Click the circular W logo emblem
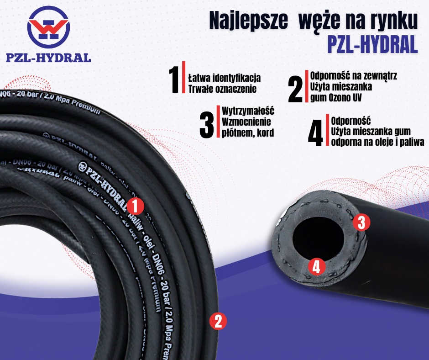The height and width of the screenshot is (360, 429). (x=48, y=27)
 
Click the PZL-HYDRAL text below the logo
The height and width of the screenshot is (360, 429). (x=48, y=58)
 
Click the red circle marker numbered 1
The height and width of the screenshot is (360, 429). (x=135, y=206)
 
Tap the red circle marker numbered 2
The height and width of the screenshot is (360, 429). (x=218, y=321)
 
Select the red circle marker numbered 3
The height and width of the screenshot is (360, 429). (x=361, y=222)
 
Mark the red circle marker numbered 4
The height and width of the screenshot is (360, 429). (x=316, y=267)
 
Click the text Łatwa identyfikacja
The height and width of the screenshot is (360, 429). (x=224, y=77)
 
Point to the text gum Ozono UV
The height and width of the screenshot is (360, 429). (x=335, y=97)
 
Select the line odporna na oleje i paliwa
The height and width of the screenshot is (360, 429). (x=378, y=142)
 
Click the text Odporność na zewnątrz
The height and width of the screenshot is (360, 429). (x=354, y=76)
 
